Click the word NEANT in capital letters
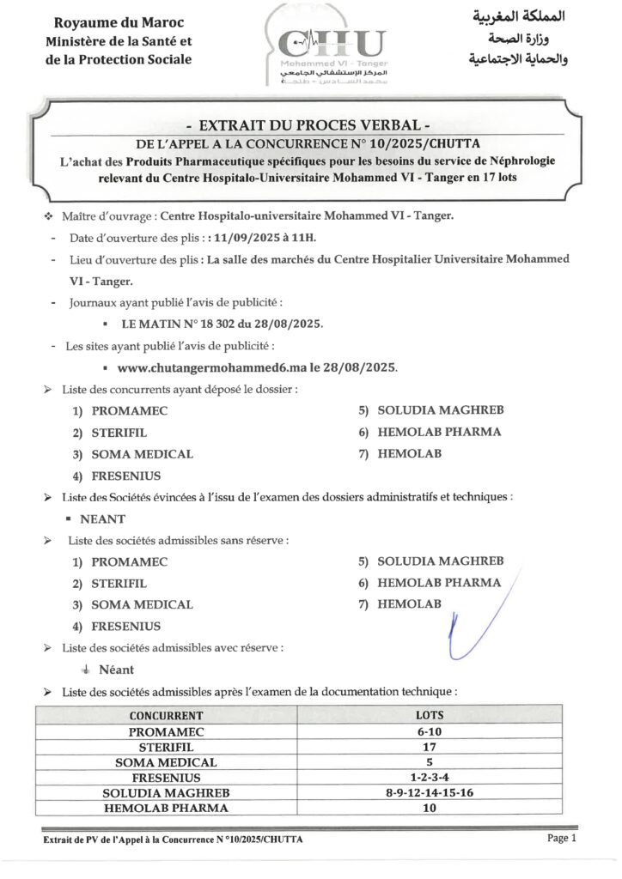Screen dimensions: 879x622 pyautogui.click(x=103, y=518)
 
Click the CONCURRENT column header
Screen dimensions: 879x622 pyautogui.click(x=167, y=715)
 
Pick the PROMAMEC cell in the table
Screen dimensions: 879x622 pyautogui.click(x=167, y=731)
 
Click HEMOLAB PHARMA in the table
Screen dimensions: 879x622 pyautogui.click(x=167, y=808)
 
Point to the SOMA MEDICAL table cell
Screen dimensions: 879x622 pyautogui.click(x=167, y=762)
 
